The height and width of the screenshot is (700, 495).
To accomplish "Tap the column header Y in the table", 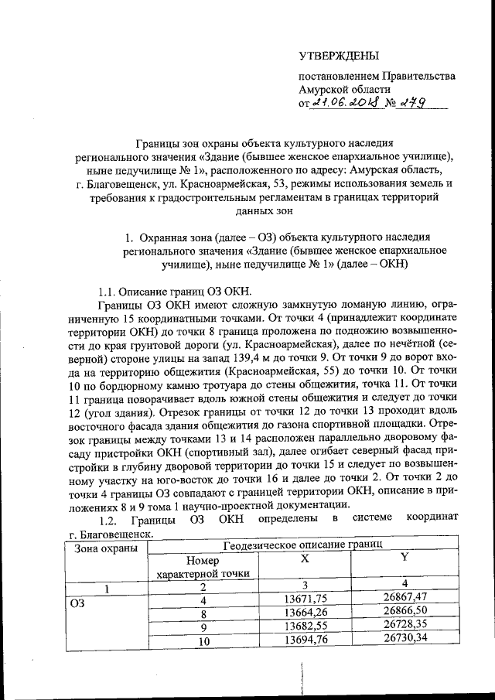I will [405, 557].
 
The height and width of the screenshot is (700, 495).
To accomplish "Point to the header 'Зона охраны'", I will [106, 548].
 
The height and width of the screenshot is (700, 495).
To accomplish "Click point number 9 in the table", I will [203, 627].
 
